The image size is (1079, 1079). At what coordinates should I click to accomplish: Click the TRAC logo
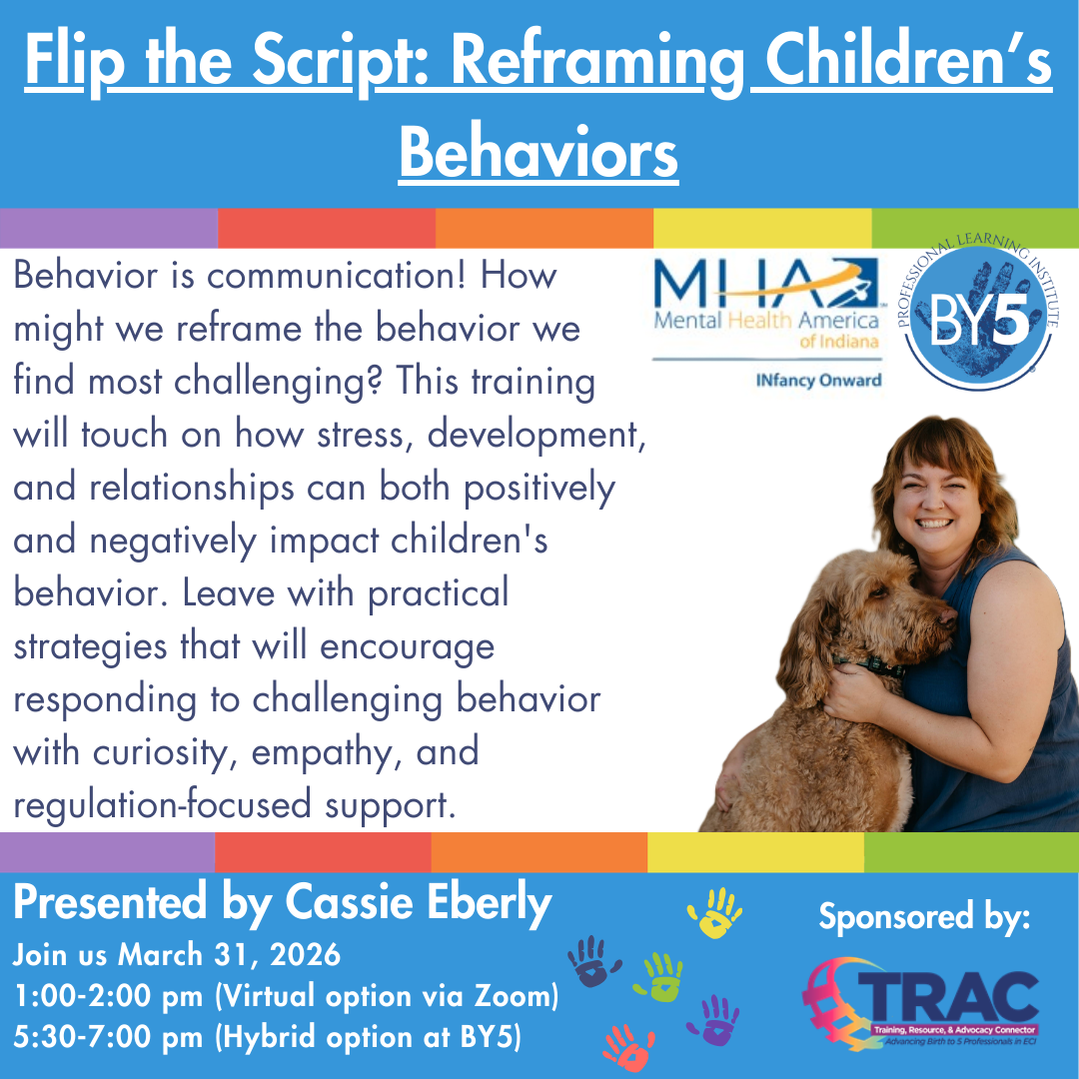(920, 1003)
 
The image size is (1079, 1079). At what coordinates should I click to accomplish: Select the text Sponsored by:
(924, 915)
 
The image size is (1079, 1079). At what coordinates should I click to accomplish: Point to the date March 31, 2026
(230, 955)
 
